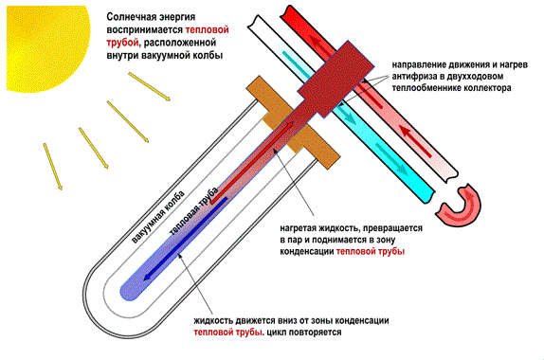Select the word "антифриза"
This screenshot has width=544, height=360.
415,72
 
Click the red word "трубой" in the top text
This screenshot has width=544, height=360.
124,43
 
